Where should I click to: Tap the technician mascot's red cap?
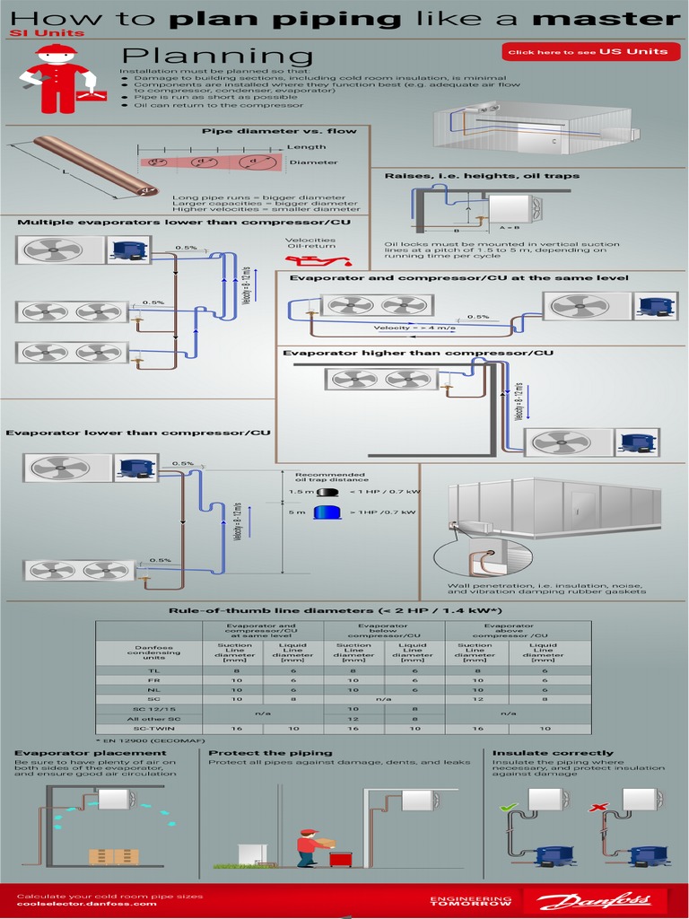click(x=57, y=51)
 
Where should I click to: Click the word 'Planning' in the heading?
click(x=217, y=57)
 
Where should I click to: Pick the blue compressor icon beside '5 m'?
click(x=327, y=512)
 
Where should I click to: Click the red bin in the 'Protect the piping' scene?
click(x=341, y=858)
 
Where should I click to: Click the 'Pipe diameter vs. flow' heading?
click(x=278, y=131)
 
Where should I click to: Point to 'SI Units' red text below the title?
click(x=48, y=33)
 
